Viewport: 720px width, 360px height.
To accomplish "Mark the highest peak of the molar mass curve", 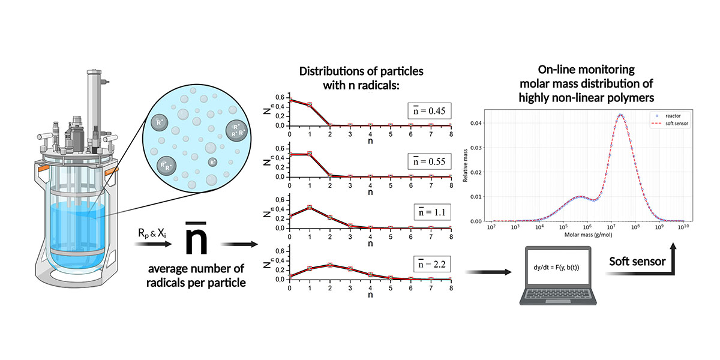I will (620, 115).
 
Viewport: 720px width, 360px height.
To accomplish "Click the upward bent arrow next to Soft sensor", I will (674, 258).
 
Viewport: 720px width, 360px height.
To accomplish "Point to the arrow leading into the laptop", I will (489, 272).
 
